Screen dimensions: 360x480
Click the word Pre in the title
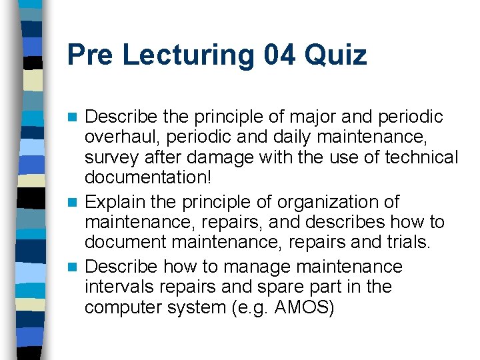click(x=91, y=55)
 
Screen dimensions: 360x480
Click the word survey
click(x=114, y=159)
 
